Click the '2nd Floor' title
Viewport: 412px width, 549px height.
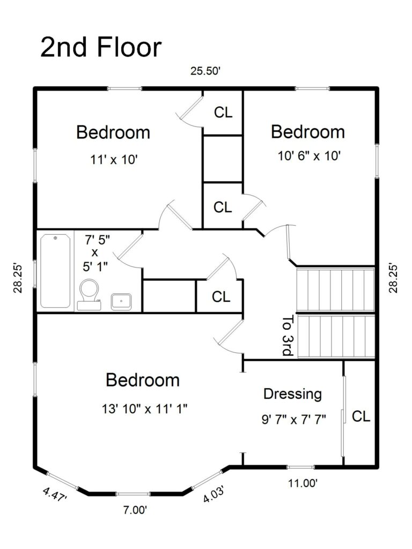coord(101,47)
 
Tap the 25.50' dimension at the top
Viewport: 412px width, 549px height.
coord(205,71)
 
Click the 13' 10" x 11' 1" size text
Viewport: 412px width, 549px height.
coord(144,409)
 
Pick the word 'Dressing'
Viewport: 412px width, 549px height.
coord(292,394)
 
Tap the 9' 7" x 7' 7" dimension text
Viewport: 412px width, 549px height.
coord(294,419)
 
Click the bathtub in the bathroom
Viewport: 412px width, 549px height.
coord(55,271)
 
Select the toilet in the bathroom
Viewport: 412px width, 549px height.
coord(89,294)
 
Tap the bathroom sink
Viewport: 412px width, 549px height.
coord(121,301)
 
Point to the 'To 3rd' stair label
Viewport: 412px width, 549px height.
coord(287,336)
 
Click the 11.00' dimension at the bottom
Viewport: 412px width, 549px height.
coord(303,483)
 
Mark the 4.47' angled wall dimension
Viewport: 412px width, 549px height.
coord(55,494)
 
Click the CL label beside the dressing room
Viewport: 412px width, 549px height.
coord(361,417)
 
